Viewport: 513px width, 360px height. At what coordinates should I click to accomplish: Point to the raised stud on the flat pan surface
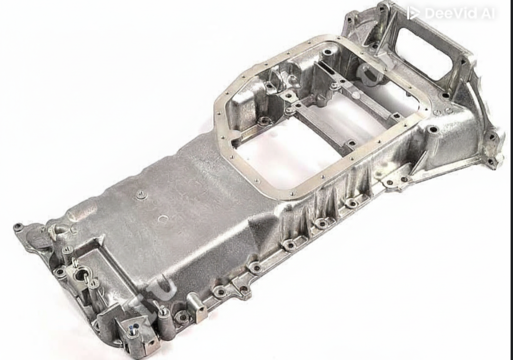pos(141,195)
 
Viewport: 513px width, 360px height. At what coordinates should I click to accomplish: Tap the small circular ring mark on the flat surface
pos(163,218)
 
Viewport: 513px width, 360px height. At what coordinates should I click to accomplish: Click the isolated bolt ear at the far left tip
pos(18,227)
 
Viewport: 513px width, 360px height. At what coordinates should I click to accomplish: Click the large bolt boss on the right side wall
pos(433,130)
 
